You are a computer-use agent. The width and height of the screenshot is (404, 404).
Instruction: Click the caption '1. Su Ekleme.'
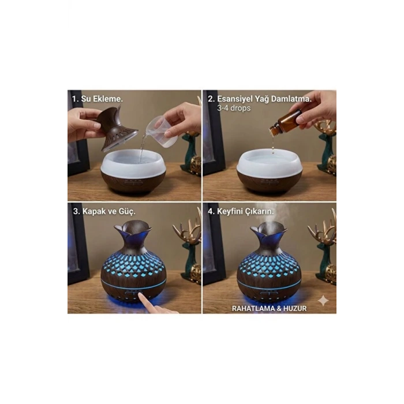(97, 99)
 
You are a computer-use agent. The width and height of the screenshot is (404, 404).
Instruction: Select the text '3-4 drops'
(234, 108)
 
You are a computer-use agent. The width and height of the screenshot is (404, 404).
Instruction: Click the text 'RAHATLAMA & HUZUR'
(269, 308)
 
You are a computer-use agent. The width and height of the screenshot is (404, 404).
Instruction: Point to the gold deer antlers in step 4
(323, 231)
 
